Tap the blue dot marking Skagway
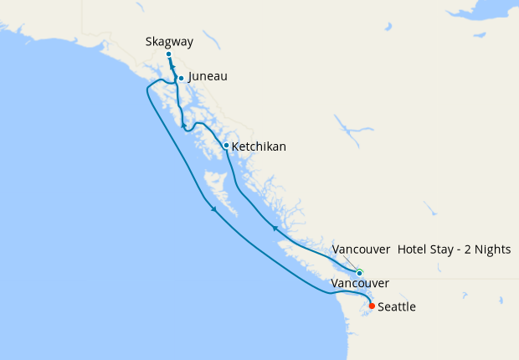coord(168,54)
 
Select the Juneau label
coord(208,76)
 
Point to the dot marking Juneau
coord(181,79)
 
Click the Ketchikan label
coord(259,147)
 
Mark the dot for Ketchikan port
coord(226,146)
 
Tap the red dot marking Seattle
coord(372,306)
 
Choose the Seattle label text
coord(397,307)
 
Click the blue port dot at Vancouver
coord(359,273)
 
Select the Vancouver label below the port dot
coord(360,285)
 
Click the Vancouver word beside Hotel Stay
coord(362,249)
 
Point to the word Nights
coord(490,249)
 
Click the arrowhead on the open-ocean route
coord(214,209)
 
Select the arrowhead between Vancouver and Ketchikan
coord(275,227)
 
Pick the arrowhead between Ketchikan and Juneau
coord(183,126)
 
